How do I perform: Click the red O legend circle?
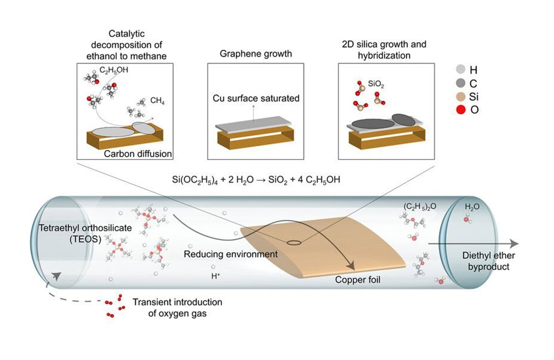459,110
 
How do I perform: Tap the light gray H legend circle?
459,70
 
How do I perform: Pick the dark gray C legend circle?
459,84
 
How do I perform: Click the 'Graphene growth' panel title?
255,54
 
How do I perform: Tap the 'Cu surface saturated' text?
256,99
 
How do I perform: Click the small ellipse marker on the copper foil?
294,242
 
